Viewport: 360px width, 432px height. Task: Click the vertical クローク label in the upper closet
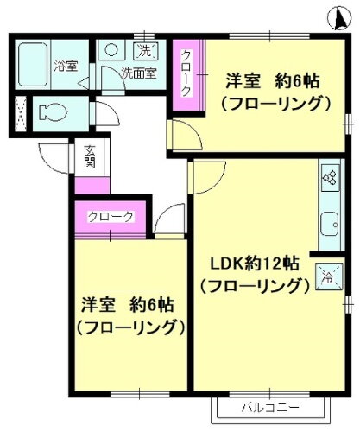tap(185, 73)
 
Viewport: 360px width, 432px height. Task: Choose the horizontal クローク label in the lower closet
tap(111, 216)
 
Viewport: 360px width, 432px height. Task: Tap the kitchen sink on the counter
tap(331, 227)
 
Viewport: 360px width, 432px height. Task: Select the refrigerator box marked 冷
tap(329, 276)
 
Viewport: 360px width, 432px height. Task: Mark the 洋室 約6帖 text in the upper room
tap(273, 82)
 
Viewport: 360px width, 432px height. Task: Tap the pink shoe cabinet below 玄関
tap(92, 185)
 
